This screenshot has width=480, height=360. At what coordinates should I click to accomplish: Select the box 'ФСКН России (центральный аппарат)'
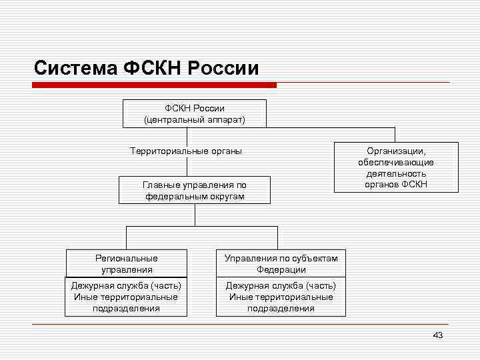tap(195, 113)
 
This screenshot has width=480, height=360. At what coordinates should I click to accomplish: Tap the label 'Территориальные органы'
tap(186, 151)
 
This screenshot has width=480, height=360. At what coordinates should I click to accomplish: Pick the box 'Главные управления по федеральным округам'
tap(195, 191)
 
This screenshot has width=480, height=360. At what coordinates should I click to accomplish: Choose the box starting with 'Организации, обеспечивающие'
tap(396, 167)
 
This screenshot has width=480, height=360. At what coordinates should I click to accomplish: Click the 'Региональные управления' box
tap(127, 264)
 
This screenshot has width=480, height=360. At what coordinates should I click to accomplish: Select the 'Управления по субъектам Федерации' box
tap(281, 264)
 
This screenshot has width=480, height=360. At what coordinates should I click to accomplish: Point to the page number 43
tap(437, 335)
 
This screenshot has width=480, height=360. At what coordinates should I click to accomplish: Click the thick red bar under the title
tap(155, 85)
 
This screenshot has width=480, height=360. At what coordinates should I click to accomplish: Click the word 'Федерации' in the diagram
tap(281, 270)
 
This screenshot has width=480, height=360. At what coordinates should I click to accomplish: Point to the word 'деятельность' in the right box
tap(396, 173)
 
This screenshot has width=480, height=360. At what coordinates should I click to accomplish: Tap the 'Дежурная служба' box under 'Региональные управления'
tap(126, 297)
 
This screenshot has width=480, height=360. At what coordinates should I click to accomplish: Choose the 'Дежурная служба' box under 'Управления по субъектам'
tap(281, 297)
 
